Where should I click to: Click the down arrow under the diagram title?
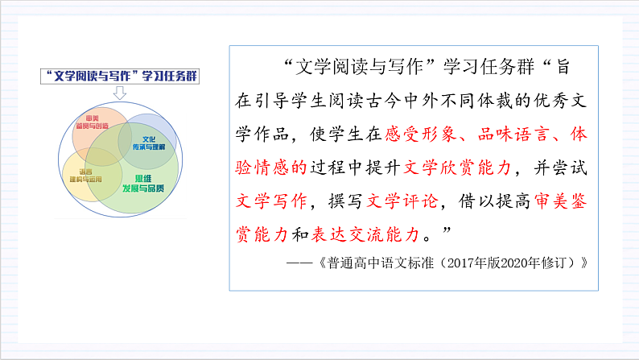(x=121, y=93)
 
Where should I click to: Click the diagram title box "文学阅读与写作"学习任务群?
(x=122, y=77)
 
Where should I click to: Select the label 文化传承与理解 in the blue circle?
(x=147, y=143)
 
